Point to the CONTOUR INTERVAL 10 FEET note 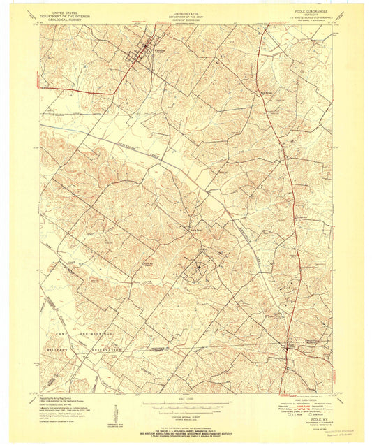pyautogui.click(x=186, y=414)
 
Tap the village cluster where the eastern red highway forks pyautogui.click(x=287, y=346)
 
